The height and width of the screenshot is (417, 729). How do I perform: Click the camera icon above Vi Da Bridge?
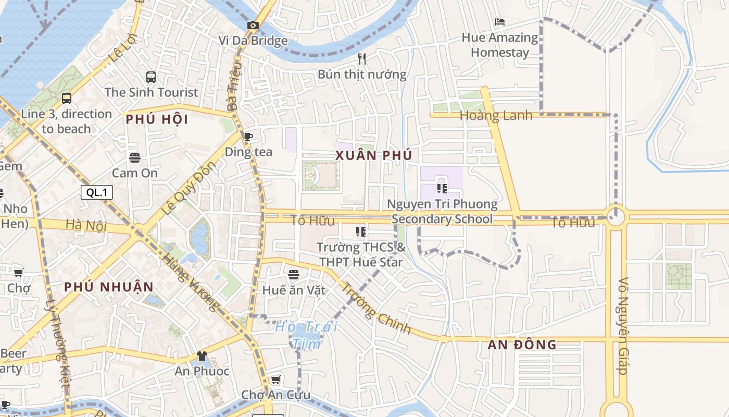point(253,25)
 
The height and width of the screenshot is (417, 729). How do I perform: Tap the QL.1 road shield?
point(97,192)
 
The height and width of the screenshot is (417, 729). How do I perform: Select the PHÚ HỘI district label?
point(157,119)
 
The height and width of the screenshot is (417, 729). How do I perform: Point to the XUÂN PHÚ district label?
point(374,155)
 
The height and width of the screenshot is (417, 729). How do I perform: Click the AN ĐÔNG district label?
point(522,345)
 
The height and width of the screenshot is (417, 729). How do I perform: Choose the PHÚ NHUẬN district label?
point(109,287)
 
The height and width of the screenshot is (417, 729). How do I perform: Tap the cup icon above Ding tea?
point(248,137)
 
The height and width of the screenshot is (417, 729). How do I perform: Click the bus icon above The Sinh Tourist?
point(151,77)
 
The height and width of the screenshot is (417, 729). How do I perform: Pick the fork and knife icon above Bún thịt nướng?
point(362,59)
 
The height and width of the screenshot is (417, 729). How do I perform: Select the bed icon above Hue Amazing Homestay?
point(499,22)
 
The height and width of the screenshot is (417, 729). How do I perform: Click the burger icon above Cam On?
point(135,157)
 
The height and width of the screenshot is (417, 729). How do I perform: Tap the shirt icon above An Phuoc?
point(202,356)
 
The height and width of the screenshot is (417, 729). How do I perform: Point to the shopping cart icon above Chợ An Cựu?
point(275,379)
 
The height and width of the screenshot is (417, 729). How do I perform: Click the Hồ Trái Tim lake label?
point(306,335)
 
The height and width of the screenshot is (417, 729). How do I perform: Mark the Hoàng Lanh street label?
point(496,116)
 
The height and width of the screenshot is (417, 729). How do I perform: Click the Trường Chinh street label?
point(376,308)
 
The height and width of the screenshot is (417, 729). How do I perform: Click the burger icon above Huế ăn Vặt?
point(294,274)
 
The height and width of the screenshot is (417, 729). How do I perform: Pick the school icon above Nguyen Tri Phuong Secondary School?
point(442,188)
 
